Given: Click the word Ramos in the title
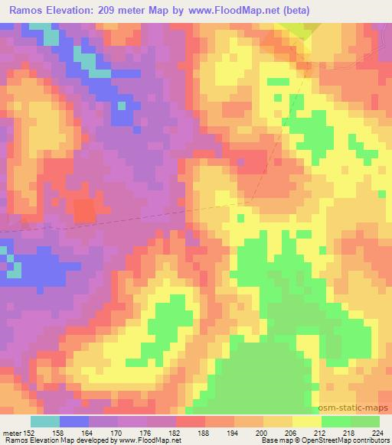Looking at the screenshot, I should coord(25,10).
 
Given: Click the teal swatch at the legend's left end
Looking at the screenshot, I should coord(44,421).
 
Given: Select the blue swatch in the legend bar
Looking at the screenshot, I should coord(73,421).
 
